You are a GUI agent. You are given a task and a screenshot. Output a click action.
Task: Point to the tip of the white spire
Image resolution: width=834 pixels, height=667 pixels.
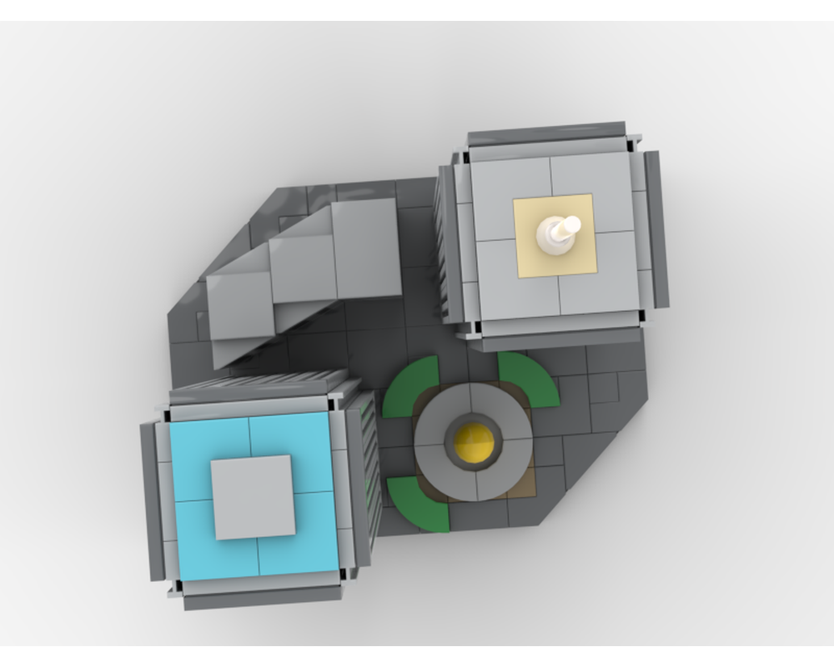pos(572,223)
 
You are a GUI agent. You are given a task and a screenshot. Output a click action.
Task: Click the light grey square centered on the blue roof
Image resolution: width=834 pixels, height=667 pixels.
pos(253,497)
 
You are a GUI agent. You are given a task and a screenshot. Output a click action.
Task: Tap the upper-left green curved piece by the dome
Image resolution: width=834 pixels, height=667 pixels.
pos(411,385)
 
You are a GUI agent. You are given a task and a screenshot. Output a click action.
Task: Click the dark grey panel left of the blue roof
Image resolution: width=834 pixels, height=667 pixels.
pos(151,500)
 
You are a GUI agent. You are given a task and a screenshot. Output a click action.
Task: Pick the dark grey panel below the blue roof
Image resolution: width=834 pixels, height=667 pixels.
pos(263,596)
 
